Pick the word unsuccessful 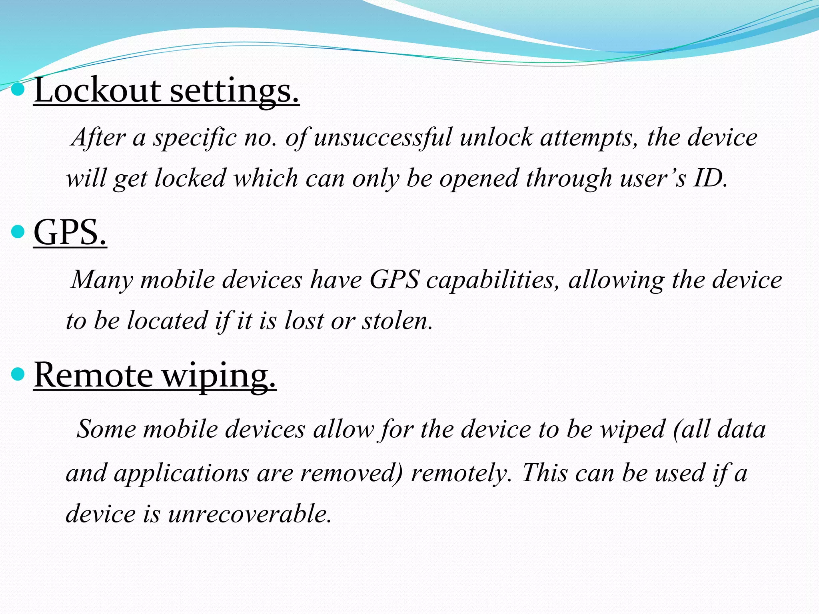click(383, 138)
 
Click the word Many click(102, 280)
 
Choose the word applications click(181, 473)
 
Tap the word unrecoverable click(250, 514)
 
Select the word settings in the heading click(234, 91)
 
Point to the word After click(98, 138)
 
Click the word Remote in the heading click(93, 376)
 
